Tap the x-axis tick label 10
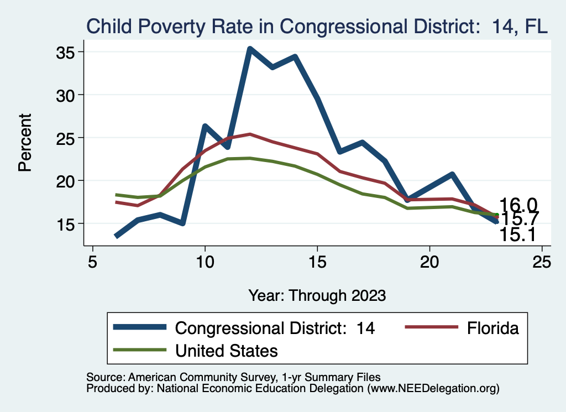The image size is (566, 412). pos(205,263)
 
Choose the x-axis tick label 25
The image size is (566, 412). pos(542,263)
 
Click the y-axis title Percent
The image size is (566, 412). pos(25,142)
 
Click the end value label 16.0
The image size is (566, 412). pos(518,205)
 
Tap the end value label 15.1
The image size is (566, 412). pos(518,234)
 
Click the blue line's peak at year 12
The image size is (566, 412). pos(250,49)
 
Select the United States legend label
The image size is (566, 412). pos(226,350)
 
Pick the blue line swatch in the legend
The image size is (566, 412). pos(140,327)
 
